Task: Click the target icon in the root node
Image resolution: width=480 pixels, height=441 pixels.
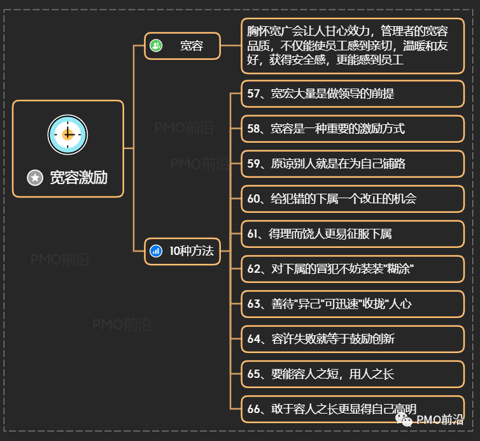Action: (x=67, y=134)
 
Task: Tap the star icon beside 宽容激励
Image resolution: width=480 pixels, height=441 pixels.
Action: (x=36, y=178)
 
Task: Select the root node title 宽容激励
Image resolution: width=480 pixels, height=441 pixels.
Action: (x=78, y=178)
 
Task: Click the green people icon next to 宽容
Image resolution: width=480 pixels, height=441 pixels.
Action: (x=156, y=46)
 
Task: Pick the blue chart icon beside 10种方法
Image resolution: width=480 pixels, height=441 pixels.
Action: (x=156, y=251)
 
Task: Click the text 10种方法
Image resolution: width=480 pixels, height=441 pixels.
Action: (x=191, y=251)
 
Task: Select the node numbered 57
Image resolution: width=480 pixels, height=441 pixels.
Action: (x=352, y=94)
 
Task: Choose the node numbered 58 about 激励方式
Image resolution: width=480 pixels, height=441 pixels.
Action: (x=352, y=129)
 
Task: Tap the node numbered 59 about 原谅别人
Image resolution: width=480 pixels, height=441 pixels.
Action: (x=352, y=164)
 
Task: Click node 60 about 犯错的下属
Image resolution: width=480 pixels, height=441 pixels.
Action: (x=352, y=199)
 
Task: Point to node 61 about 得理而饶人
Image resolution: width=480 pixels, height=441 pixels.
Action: (x=352, y=234)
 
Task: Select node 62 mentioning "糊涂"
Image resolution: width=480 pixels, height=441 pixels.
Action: (x=352, y=269)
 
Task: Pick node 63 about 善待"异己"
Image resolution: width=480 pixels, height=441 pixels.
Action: (x=352, y=304)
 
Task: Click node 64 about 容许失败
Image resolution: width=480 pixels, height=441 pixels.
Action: (x=352, y=339)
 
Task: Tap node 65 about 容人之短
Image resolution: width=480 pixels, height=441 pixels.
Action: (x=352, y=374)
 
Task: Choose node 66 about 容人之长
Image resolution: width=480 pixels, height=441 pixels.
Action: (x=352, y=409)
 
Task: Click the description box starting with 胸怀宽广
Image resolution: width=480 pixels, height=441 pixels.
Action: (x=352, y=46)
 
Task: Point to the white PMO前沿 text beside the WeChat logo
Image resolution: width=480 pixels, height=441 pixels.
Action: (x=440, y=420)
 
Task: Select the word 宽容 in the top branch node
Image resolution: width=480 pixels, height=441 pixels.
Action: (x=191, y=46)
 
